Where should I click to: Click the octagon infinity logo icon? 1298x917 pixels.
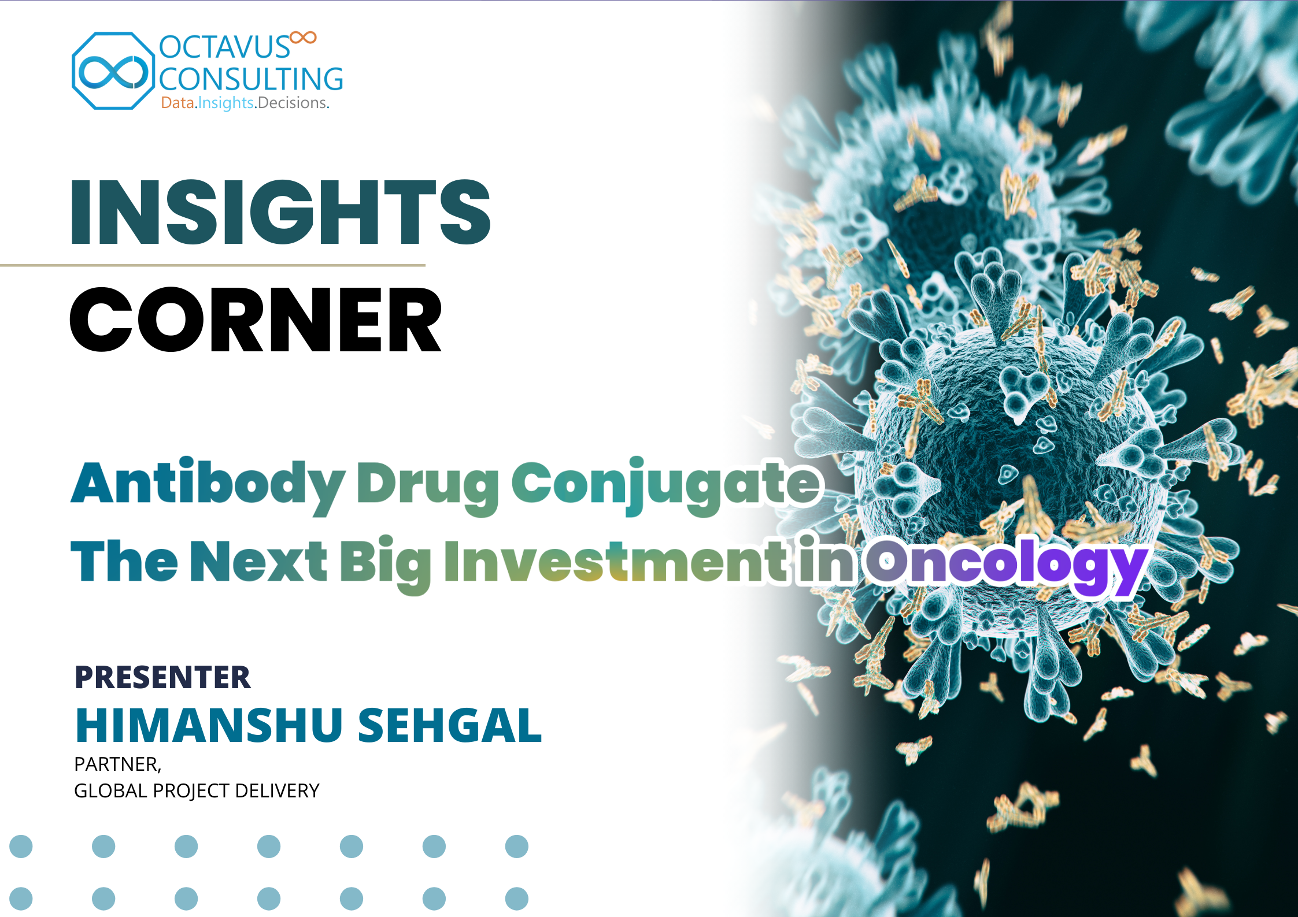(x=113, y=71)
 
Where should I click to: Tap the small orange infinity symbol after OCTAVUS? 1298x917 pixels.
(x=303, y=38)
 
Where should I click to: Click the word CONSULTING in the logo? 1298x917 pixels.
(x=251, y=79)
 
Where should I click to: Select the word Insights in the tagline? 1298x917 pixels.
(x=226, y=103)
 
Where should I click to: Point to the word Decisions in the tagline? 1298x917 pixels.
(x=293, y=103)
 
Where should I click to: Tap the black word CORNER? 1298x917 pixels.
(x=256, y=320)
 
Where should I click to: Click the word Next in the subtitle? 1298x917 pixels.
(x=258, y=560)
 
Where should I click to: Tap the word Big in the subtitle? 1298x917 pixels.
(x=385, y=564)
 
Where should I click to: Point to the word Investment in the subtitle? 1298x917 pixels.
(x=615, y=560)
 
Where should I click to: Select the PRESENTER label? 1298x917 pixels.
(x=162, y=677)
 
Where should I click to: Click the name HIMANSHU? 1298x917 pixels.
(x=209, y=725)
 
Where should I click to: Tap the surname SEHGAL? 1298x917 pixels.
(x=450, y=725)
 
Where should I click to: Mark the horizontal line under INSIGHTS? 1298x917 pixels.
(x=213, y=265)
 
